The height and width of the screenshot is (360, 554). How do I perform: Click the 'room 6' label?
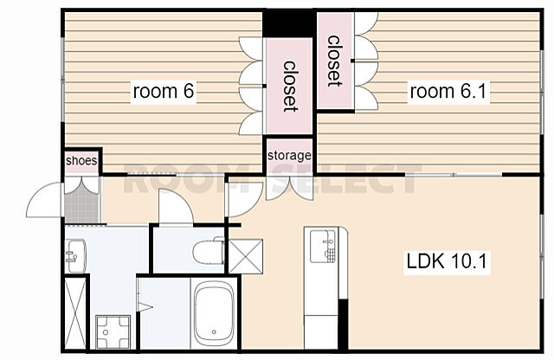164,91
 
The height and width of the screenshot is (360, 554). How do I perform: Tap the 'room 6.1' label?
448,91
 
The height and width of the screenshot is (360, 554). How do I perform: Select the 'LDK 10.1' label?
447,262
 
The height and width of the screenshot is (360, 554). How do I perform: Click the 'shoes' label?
81,161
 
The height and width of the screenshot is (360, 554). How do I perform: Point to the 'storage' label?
289,156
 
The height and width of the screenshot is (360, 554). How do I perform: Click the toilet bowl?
209,251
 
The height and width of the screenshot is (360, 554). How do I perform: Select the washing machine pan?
113,331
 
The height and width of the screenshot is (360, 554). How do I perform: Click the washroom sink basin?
75,256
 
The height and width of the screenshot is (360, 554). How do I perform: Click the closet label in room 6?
289,87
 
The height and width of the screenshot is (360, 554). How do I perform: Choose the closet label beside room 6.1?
334,61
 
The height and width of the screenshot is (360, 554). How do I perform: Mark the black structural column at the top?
288,23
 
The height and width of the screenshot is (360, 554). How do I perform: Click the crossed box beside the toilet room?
246,256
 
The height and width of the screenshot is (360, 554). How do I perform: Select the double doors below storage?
290,189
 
